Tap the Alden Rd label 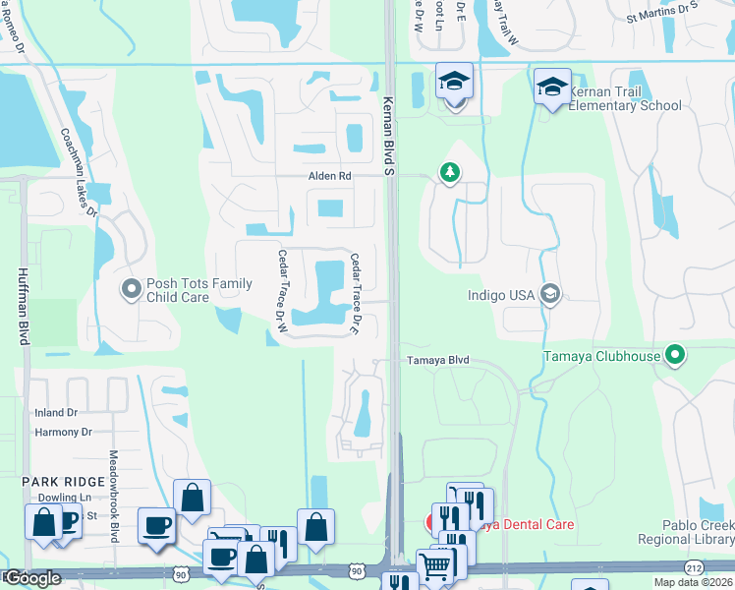(330, 176)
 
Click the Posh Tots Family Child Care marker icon (131, 289)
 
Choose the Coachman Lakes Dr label (79, 172)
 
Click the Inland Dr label (55, 413)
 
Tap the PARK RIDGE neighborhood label (64, 481)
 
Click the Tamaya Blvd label (439, 361)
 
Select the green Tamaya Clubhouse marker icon (675, 355)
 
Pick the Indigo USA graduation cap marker (551, 293)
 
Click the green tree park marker (450, 173)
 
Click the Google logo (31, 578)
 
